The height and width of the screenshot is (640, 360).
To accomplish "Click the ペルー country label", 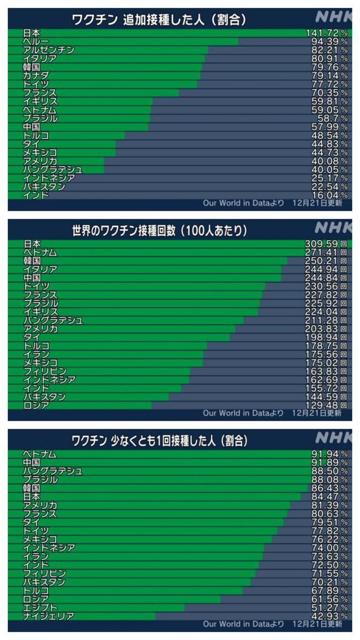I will click(36, 42).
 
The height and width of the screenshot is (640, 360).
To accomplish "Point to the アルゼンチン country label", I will click(49, 50).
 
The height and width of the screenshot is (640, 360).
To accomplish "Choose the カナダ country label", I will click(36, 76).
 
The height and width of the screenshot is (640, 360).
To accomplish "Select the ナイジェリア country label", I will click(49, 616).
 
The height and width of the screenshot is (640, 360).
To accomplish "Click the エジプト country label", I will click(41, 607).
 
